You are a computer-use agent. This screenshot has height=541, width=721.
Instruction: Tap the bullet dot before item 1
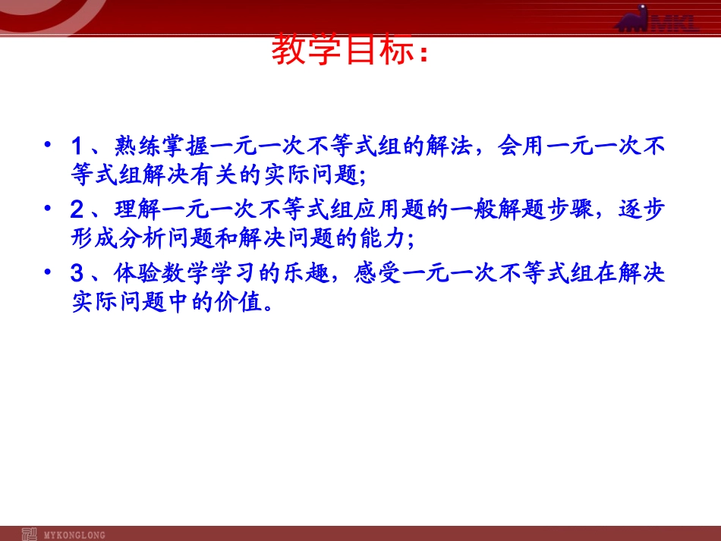49,143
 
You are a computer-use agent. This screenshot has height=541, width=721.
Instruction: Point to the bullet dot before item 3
49,272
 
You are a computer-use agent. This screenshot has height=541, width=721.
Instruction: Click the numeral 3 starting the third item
77,272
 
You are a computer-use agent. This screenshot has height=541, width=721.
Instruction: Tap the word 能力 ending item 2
378,239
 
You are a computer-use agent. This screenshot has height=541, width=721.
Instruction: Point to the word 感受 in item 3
378,272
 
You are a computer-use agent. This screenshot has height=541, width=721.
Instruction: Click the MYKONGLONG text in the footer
75,535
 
